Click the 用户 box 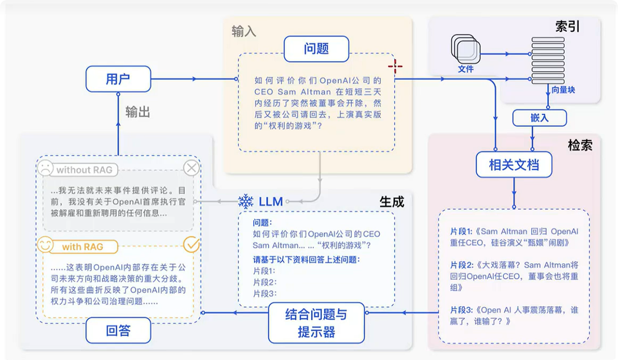pos(118,79)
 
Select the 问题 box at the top pos(317,49)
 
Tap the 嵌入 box pos(540,118)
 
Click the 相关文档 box pos(514,165)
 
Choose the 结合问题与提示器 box pos(317,323)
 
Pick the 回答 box pos(118,330)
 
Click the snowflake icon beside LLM pos(246,202)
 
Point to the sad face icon pos(45,168)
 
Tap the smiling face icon pos(45,244)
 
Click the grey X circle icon pos(192,168)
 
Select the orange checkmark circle pos(192,244)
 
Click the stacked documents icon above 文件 pos(466,49)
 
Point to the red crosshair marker pos(395,66)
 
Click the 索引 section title pos(567,27)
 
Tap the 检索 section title pos(580,145)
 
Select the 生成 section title pos(392,202)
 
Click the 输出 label pos(138,112)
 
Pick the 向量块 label pos(563,90)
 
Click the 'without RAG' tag pos(85,170)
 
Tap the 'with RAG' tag pos(83,247)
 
